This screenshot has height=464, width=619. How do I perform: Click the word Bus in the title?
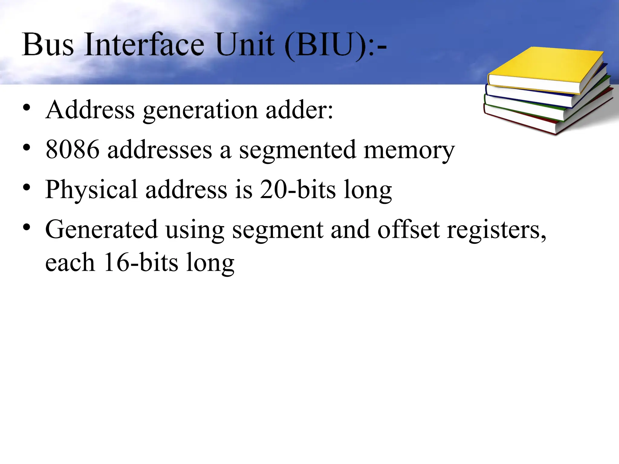click(48, 45)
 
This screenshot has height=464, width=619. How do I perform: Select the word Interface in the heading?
click(144, 45)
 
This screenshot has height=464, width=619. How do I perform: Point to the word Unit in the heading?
click(245, 45)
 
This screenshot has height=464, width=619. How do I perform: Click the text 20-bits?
click(298, 190)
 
